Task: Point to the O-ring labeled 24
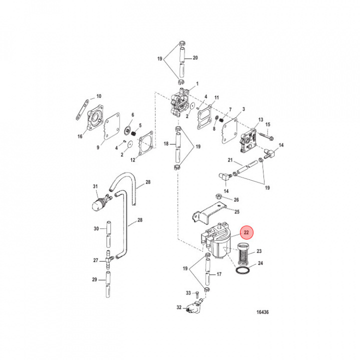(x=242, y=270)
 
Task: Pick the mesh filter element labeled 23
(x=242, y=252)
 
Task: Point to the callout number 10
(x=98, y=96)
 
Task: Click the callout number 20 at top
(x=195, y=58)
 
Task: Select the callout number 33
(x=188, y=292)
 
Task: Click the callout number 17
(x=218, y=274)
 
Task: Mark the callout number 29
(x=94, y=279)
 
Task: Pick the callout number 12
(x=132, y=160)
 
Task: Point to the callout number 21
(x=231, y=160)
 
